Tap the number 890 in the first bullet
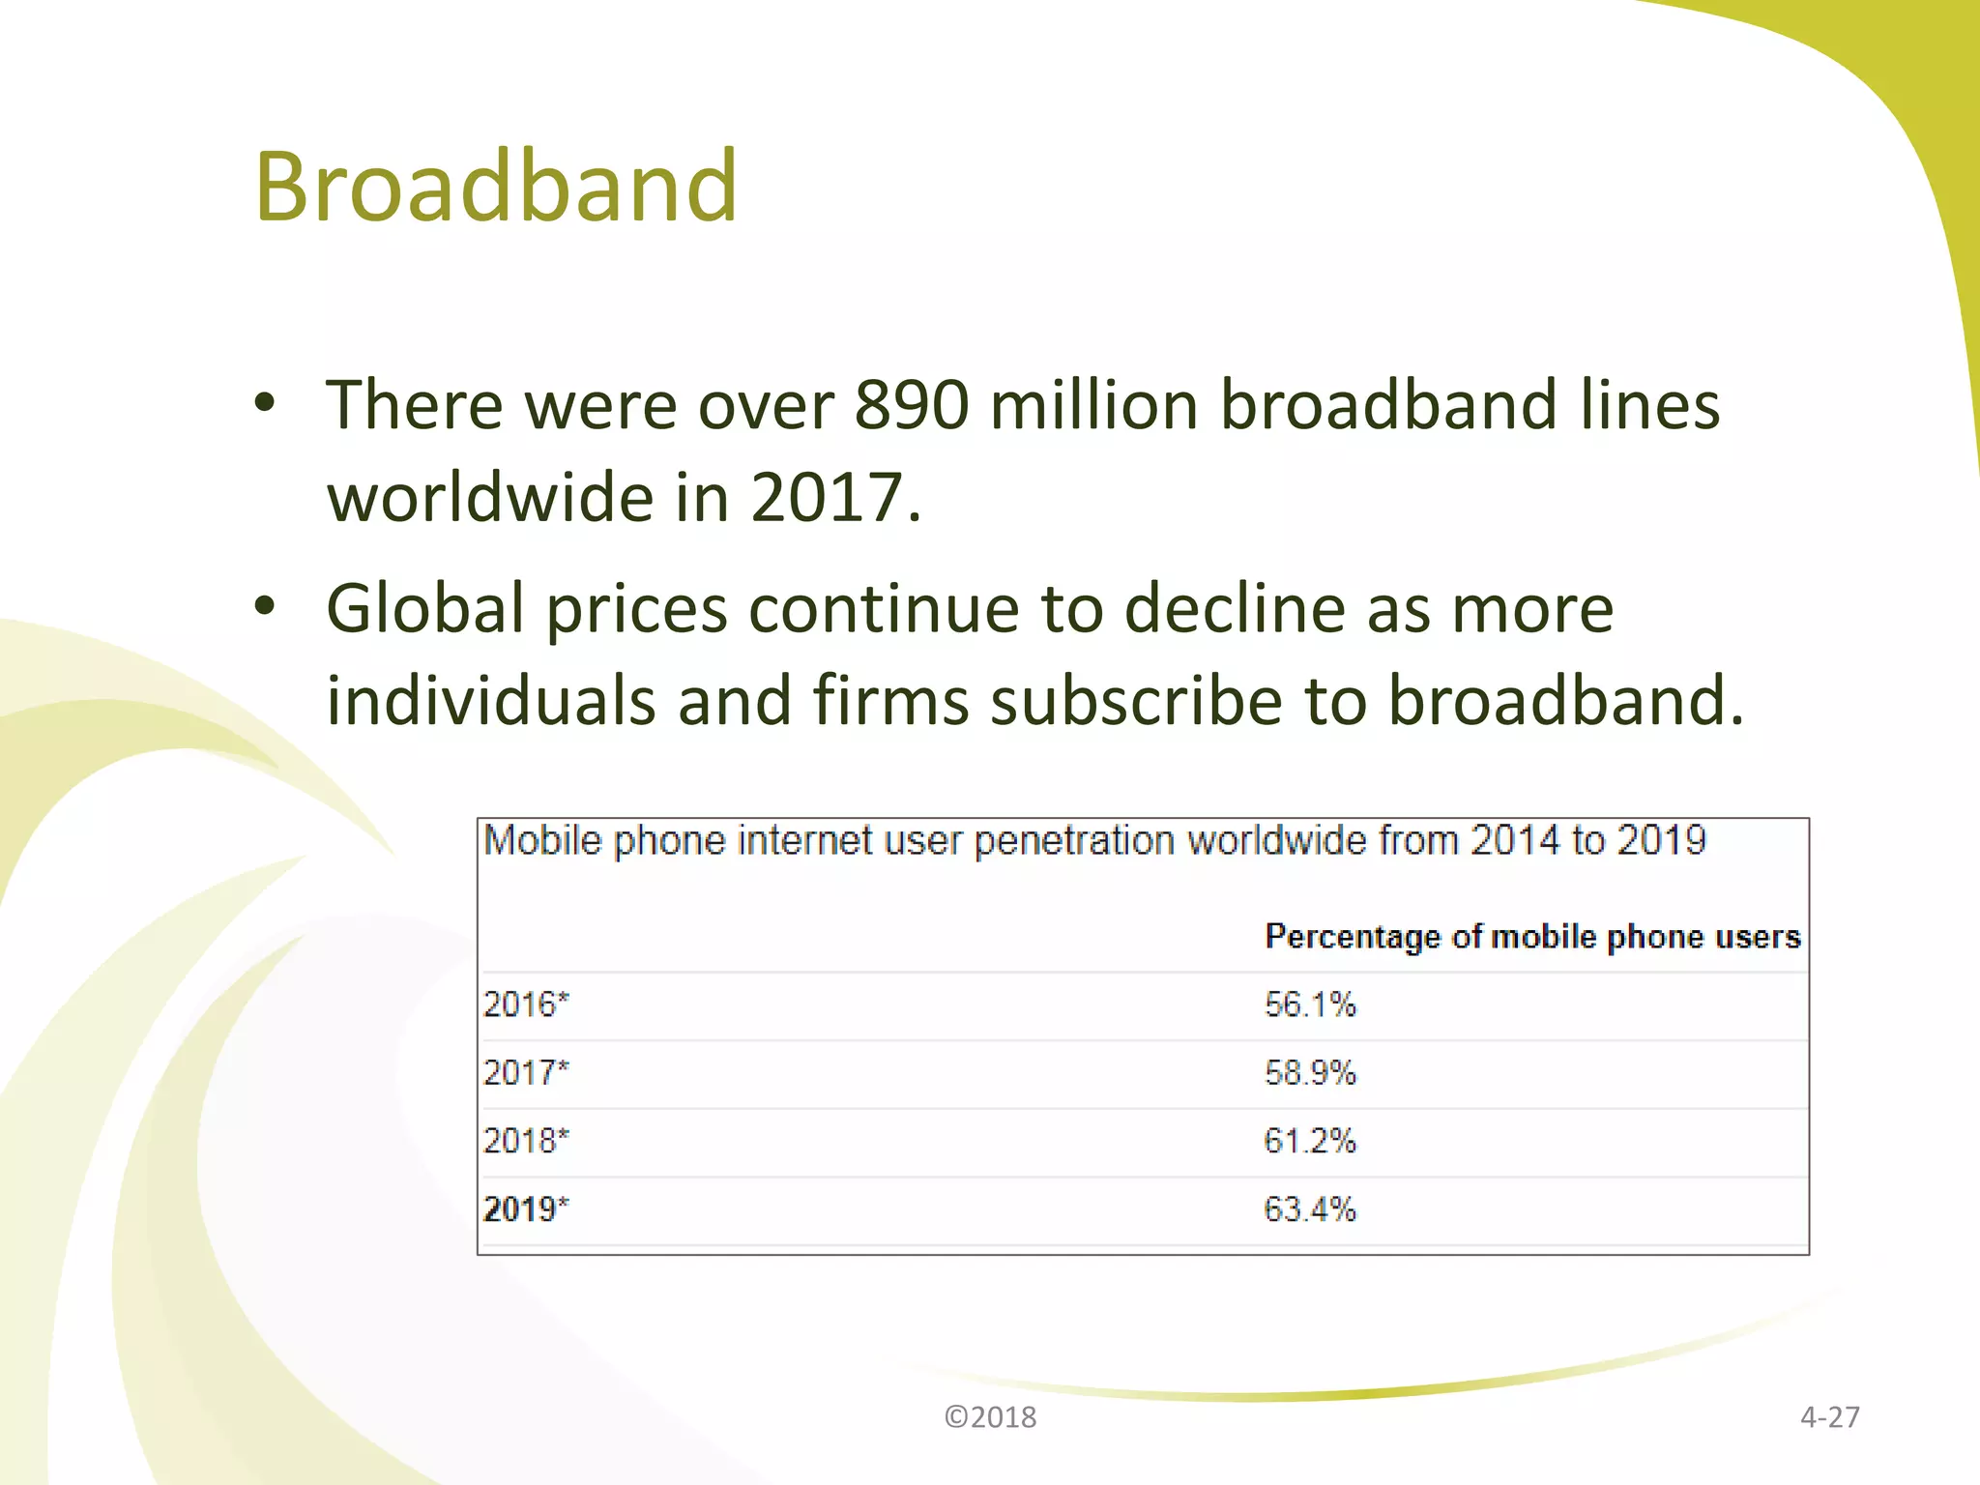tap(911, 404)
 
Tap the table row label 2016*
tap(526, 1005)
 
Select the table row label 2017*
tap(526, 1073)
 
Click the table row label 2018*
tap(526, 1141)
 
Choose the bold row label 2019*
tap(526, 1209)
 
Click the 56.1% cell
tap(1310, 1005)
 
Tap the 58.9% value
tap(1310, 1073)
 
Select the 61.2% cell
tap(1310, 1141)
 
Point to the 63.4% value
tap(1310, 1209)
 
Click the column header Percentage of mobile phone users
tap(1532, 937)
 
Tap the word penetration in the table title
tap(1074, 841)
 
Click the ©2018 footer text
tap(990, 1417)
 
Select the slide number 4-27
tap(1829, 1417)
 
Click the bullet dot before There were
tap(265, 402)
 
